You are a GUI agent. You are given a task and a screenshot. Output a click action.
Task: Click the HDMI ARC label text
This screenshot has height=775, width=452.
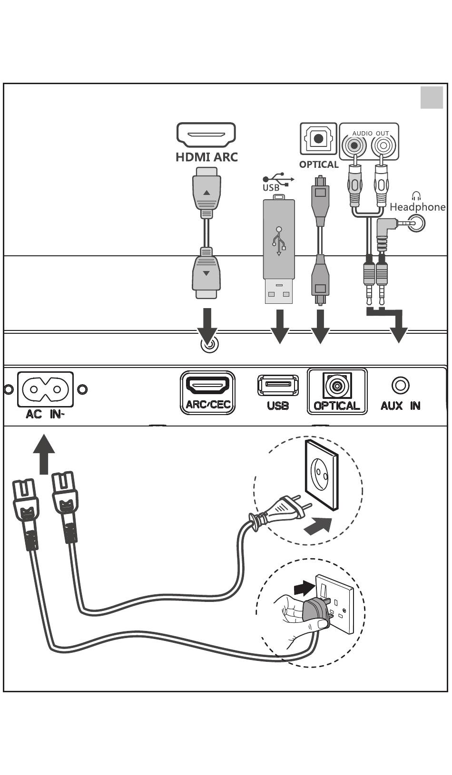click(206, 157)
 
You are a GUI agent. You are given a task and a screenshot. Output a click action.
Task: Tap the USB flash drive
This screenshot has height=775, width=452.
click(279, 249)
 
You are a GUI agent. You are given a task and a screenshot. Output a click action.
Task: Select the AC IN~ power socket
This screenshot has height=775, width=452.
click(45, 389)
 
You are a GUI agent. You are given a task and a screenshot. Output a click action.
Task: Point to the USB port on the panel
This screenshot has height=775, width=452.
click(278, 385)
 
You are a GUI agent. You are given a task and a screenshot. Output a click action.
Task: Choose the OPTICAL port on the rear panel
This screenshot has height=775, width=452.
click(337, 385)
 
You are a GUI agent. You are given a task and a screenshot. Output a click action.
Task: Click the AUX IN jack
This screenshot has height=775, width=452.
click(401, 385)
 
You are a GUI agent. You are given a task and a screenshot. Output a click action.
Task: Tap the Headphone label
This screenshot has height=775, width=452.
click(417, 207)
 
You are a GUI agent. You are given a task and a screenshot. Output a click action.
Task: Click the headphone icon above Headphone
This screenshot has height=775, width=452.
click(417, 196)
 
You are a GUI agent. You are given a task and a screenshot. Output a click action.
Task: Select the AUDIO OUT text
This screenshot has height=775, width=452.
click(371, 133)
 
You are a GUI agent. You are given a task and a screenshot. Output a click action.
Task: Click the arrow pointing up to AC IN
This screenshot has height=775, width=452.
click(44, 454)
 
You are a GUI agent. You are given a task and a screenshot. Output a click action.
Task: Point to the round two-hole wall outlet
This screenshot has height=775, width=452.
click(322, 475)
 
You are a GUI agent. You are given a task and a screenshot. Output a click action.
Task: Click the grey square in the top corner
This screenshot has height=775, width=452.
click(432, 97)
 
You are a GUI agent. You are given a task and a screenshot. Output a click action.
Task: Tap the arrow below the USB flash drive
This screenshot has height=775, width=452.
click(280, 326)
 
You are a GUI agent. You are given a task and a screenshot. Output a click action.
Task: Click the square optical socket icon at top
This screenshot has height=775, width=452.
click(318, 138)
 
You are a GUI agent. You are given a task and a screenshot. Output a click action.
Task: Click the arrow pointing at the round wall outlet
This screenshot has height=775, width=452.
click(318, 526)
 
